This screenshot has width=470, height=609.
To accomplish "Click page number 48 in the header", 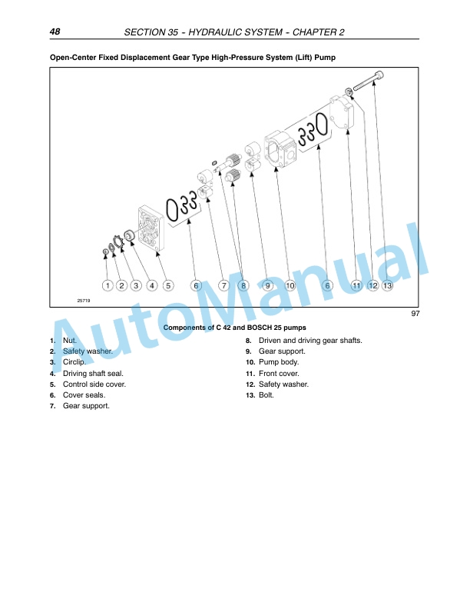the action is click(x=55, y=32).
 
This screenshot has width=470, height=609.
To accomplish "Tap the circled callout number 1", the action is click(x=108, y=285).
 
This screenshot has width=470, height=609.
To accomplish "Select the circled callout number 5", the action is click(x=168, y=285).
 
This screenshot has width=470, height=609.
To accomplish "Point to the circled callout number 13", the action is click(x=387, y=285).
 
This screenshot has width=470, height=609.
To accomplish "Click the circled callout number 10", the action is click(x=290, y=285).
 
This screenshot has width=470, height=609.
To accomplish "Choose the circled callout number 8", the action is click(x=243, y=285).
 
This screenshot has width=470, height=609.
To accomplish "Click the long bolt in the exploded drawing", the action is click(x=369, y=81).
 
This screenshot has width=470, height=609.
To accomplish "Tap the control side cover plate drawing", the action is click(x=151, y=228).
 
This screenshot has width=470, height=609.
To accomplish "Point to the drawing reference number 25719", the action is click(x=84, y=301).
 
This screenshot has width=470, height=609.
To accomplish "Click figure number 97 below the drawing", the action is click(x=415, y=314).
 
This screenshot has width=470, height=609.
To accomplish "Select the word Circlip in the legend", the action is click(x=74, y=362).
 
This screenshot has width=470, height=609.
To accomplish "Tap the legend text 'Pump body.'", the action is click(x=279, y=362).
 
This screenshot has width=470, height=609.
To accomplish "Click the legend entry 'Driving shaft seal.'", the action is click(x=93, y=374).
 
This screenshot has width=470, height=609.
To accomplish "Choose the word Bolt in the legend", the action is click(x=266, y=395).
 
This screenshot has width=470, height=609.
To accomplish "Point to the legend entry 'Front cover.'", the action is click(x=279, y=374).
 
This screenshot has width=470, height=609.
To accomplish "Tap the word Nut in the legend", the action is click(x=69, y=341).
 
